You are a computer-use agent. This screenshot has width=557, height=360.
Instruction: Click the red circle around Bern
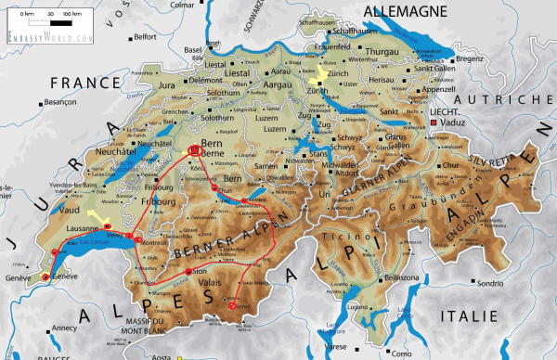tap(195, 149)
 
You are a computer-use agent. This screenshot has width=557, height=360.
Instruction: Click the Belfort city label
tap(145, 37)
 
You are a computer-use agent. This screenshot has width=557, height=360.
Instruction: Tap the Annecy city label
tap(65, 328)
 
